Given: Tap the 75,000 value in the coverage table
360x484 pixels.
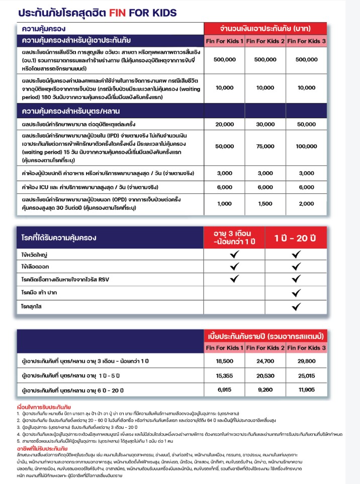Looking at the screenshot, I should point(265,146).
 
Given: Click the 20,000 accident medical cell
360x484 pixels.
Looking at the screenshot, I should point(225,124).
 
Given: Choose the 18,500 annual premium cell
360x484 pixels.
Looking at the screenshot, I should point(224,361).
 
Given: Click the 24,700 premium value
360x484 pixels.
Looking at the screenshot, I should point(265,361).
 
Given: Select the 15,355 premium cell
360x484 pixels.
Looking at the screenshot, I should point(224,375).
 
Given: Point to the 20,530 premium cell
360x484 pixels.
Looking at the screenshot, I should point(265,375).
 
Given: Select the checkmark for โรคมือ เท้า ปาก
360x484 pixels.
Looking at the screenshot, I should point(296,292).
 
